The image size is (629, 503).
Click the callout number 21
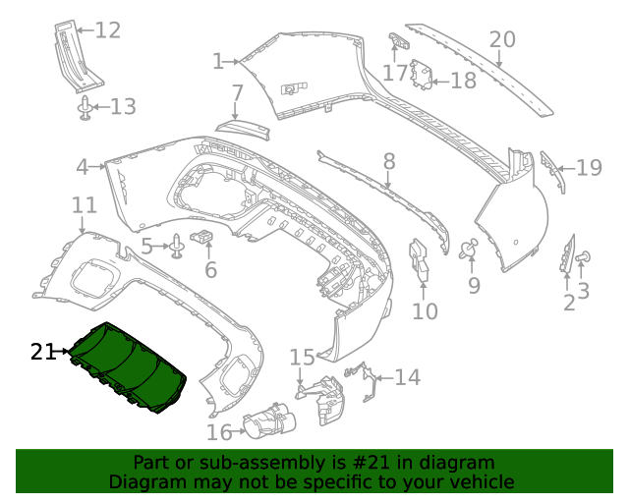click(43, 351)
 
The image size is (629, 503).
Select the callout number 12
click(108, 30)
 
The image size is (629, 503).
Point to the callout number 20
click(502, 39)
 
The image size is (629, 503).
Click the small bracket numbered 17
click(397, 42)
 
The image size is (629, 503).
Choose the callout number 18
click(463, 80)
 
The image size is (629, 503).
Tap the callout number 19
click(589, 168)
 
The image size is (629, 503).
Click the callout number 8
click(389, 160)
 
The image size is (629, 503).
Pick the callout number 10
click(425, 311)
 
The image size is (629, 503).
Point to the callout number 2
click(569, 303)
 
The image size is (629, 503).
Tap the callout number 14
click(408, 376)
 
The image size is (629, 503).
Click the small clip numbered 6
click(204, 236)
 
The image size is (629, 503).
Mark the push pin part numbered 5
click(177, 246)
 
